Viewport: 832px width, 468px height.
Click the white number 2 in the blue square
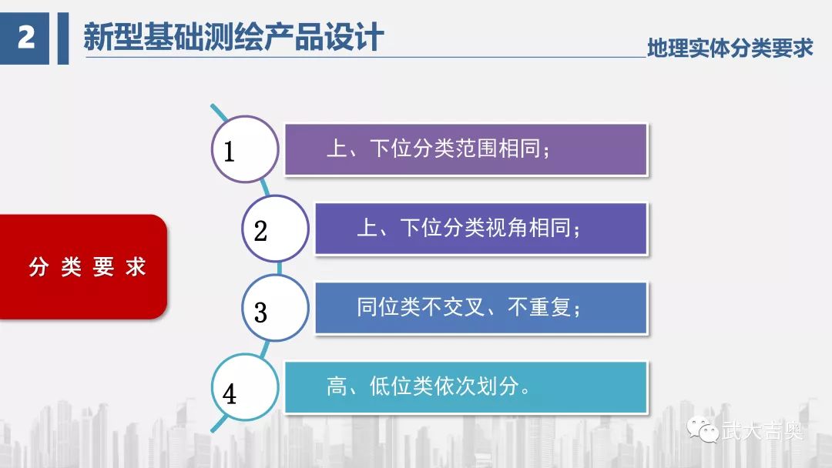coord(26,38)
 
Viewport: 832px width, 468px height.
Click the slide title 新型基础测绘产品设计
coord(233,37)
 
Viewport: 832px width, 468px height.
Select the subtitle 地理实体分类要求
coord(730,48)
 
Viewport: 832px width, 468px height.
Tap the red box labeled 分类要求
coord(83,266)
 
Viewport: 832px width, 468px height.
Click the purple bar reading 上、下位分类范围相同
coord(466,149)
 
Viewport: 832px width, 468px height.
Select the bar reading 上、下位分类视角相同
coord(481,229)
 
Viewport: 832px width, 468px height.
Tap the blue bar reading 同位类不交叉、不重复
coord(481,308)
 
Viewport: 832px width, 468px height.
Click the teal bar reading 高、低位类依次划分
coord(466,387)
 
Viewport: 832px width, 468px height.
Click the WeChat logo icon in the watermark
coord(703,429)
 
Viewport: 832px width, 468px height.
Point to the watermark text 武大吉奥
coord(763,430)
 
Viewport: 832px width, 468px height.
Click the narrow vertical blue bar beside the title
coord(63,38)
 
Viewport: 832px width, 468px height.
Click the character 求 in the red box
coord(136,266)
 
